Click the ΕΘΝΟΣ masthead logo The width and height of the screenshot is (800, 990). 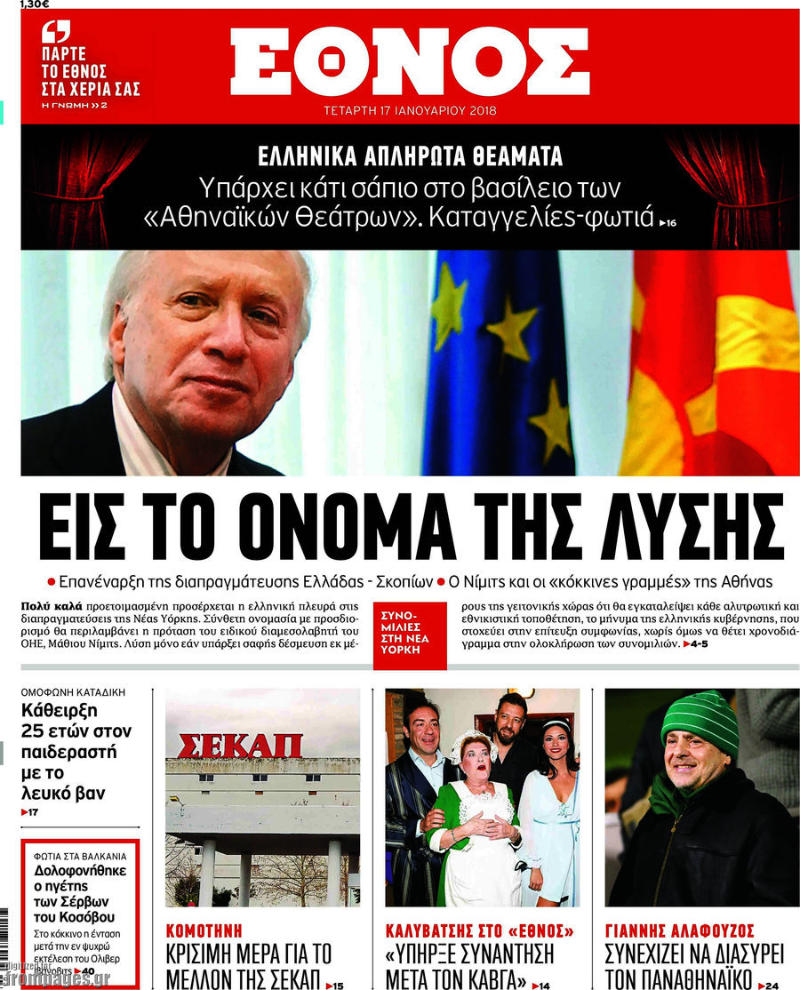[410, 61]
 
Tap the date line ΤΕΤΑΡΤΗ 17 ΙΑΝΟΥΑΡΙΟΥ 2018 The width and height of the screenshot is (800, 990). [410, 111]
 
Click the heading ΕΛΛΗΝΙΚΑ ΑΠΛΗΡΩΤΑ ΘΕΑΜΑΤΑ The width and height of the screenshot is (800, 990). [410, 157]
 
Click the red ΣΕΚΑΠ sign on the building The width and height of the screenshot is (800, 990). [239, 746]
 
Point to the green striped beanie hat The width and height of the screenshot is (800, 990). [701, 720]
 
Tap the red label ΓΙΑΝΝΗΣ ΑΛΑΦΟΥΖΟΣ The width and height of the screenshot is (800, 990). [679, 931]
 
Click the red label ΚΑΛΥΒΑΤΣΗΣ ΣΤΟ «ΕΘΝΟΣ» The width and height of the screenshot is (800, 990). [479, 931]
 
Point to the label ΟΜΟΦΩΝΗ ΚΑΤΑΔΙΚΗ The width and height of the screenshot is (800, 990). [73, 691]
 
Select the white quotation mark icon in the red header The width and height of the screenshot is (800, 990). [55, 33]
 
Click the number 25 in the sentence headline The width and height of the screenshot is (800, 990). [37, 731]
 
